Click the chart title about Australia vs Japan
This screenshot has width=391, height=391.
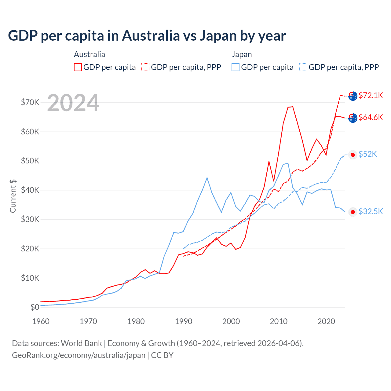pyautogui.click(x=147, y=36)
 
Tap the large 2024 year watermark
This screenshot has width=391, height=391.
pyautogui.click(x=73, y=103)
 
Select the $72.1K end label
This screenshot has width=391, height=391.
pyautogui.click(x=371, y=95)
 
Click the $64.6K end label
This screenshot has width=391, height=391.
pyautogui.click(x=371, y=117)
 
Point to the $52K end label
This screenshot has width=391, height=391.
pyautogui.click(x=368, y=154)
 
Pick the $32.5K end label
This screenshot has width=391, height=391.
pyautogui.click(x=371, y=211)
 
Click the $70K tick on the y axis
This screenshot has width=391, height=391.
pyautogui.click(x=30, y=102)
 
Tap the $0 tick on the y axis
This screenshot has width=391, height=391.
pyautogui.click(x=35, y=307)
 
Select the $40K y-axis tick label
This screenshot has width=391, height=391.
pyautogui.click(x=30, y=190)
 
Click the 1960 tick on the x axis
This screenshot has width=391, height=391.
pyautogui.click(x=41, y=321)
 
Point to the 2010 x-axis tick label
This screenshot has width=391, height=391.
pyautogui.click(x=279, y=321)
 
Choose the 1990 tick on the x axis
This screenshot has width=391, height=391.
pyautogui.click(x=183, y=321)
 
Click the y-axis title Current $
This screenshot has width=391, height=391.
pyautogui.click(x=13, y=196)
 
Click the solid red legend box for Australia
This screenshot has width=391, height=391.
pyautogui.click(x=78, y=67)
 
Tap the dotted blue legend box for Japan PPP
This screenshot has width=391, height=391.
pyautogui.click(x=303, y=67)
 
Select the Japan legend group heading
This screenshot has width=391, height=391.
pyautogui.click(x=242, y=54)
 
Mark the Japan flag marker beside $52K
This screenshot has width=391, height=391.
pyautogui.click(x=353, y=155)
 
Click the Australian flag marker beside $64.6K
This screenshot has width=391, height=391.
pyautogui.click(x=353, y=118)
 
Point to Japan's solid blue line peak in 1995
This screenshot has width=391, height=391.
pyautogui.click(x=207, y=177)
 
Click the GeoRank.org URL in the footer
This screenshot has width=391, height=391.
pyautogui.click(x=79, y=355)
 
